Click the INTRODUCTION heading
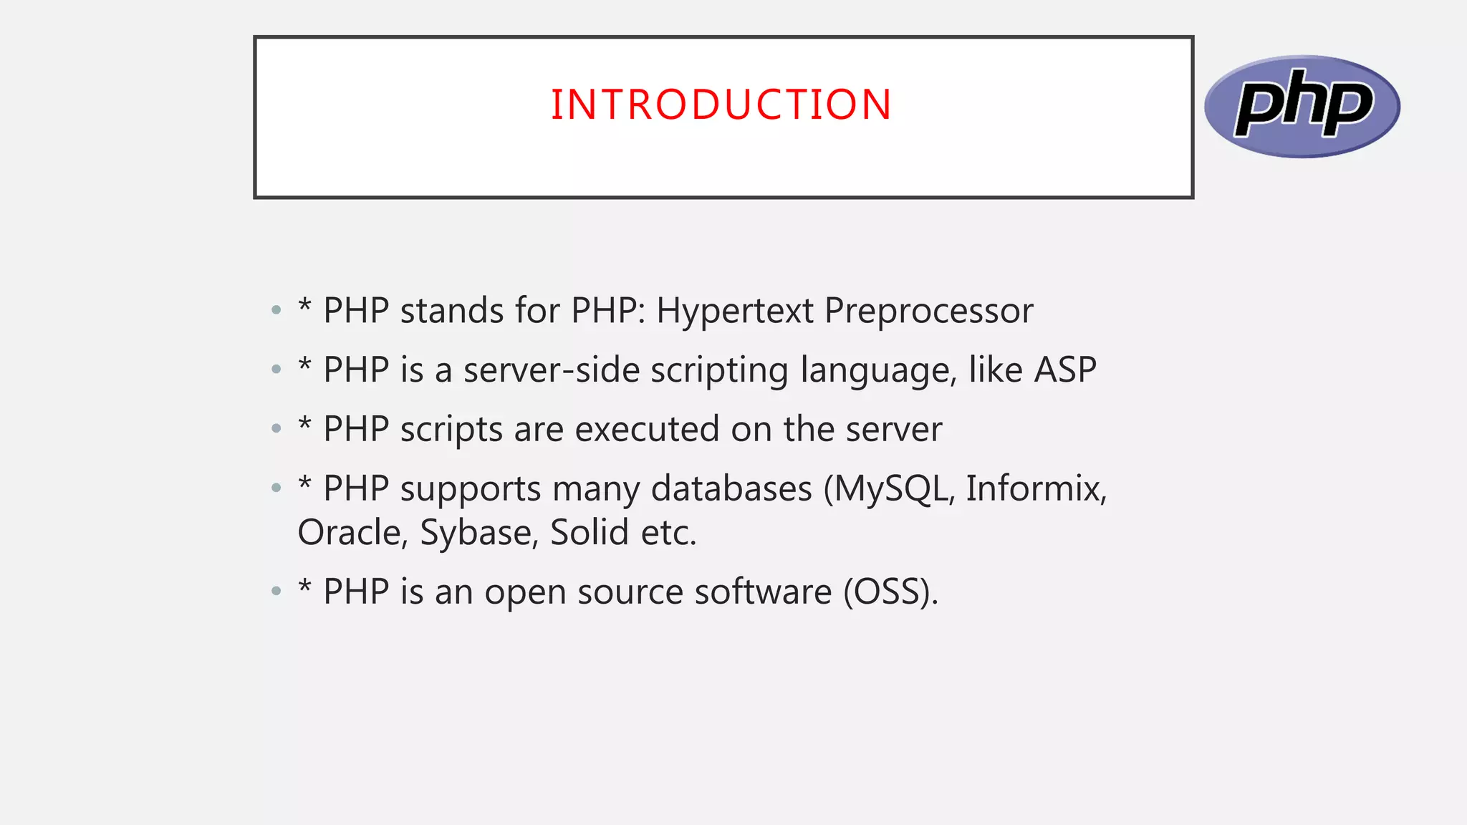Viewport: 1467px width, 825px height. [x=721, y=105]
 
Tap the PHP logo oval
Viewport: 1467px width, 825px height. [x=1302, y=106]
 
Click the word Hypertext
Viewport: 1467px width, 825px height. [x=735, y=312]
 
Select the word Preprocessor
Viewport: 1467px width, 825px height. [x=928, y=312]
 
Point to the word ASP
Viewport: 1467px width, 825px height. [x=1065, y=370]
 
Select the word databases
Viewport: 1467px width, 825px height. [x=731, y=489]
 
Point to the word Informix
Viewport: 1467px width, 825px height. [x=1036, y=489]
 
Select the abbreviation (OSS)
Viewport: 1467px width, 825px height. [x=890, y=592]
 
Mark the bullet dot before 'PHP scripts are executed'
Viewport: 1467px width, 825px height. [x=276, y=430]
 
